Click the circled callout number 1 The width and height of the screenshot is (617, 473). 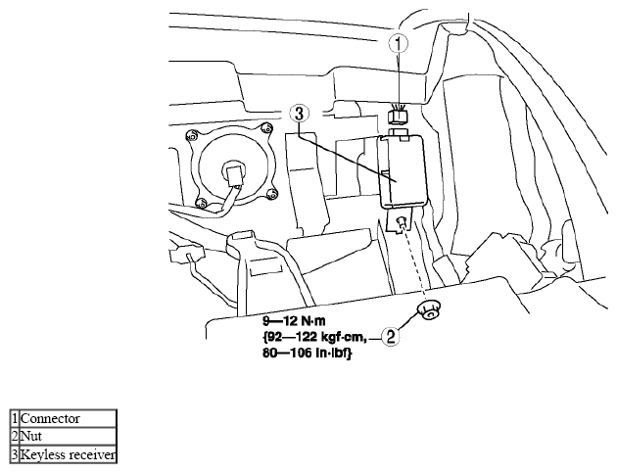point(399,44)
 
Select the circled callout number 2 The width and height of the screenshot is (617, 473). point(390,337)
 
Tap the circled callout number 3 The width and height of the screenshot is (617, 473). point(300,114)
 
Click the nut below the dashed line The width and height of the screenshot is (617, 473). point(429,309)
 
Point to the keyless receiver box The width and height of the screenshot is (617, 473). point(402,171)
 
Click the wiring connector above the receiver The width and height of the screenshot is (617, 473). point(399,115)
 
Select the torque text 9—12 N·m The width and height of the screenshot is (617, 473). point(294,321)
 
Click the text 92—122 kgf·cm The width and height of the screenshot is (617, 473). point(315,337)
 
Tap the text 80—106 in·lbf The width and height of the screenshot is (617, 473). point(307,353)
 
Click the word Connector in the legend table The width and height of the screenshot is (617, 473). point(50,418)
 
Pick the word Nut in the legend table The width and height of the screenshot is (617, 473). point(31,436)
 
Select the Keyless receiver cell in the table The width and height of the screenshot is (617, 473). point(68,454)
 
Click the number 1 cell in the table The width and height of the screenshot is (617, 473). point(15,418)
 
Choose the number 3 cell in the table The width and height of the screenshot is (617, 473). point(15,454)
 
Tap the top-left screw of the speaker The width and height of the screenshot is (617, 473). point(192,136)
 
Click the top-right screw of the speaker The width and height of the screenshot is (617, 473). point(266,128)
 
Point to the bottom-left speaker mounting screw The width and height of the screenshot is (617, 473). point(201,203)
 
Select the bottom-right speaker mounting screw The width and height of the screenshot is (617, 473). point(271,194)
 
